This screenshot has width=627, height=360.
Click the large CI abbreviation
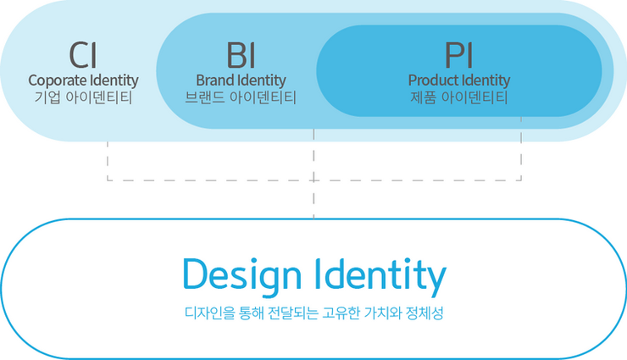coord(83,54)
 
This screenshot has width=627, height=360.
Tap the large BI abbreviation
coord(241,54)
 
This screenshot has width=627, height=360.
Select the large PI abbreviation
coord(458,54)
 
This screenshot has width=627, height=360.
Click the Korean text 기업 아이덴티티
coord(83,97)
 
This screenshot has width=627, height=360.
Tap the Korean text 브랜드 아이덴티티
coord(241,97)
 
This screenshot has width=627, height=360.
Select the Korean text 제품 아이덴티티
coord(458,97)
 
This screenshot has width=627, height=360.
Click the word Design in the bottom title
coord(241,275)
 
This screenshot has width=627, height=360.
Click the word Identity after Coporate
coord(113,80)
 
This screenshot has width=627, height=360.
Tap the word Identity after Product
coord(485,80)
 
